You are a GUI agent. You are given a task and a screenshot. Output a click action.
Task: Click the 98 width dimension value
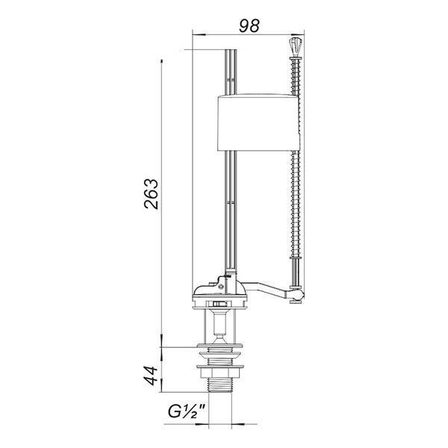tap(249, 25)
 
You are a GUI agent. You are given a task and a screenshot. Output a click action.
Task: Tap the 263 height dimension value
tap(151, 194)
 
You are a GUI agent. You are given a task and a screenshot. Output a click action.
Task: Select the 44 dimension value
tap(150, 376)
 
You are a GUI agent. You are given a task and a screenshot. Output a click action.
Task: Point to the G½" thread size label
tap(187, 411)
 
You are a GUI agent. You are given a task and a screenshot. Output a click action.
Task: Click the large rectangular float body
tap(258, 122)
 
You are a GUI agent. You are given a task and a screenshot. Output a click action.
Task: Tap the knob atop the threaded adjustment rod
tap(295, 46)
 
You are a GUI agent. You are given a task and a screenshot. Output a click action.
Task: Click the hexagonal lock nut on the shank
tap(220, 373)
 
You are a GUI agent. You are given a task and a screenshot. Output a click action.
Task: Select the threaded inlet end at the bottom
tap(220, 385)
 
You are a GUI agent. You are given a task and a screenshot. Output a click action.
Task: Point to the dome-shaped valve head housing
tap(219, 288)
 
